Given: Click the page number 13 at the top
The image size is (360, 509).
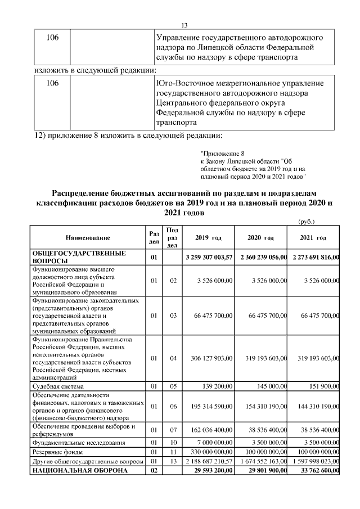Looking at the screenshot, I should click(183, 25).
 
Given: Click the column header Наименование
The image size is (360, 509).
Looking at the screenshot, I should click(87, 238).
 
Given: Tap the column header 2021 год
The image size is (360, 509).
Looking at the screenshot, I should click(313, 238).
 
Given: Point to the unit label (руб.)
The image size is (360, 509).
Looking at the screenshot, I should click(307, 222).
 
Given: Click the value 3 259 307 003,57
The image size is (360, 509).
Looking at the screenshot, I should click(209, 257).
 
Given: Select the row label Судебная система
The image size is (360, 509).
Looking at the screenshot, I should click(58, 387).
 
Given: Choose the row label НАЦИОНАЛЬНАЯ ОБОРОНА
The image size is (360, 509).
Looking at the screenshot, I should click(76, 470).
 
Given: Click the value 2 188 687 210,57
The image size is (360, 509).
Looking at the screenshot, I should click(209, 461).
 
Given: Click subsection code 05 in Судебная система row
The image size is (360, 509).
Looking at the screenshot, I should click(173, 387).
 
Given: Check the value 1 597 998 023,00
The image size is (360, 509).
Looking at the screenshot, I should click(313, 461).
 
